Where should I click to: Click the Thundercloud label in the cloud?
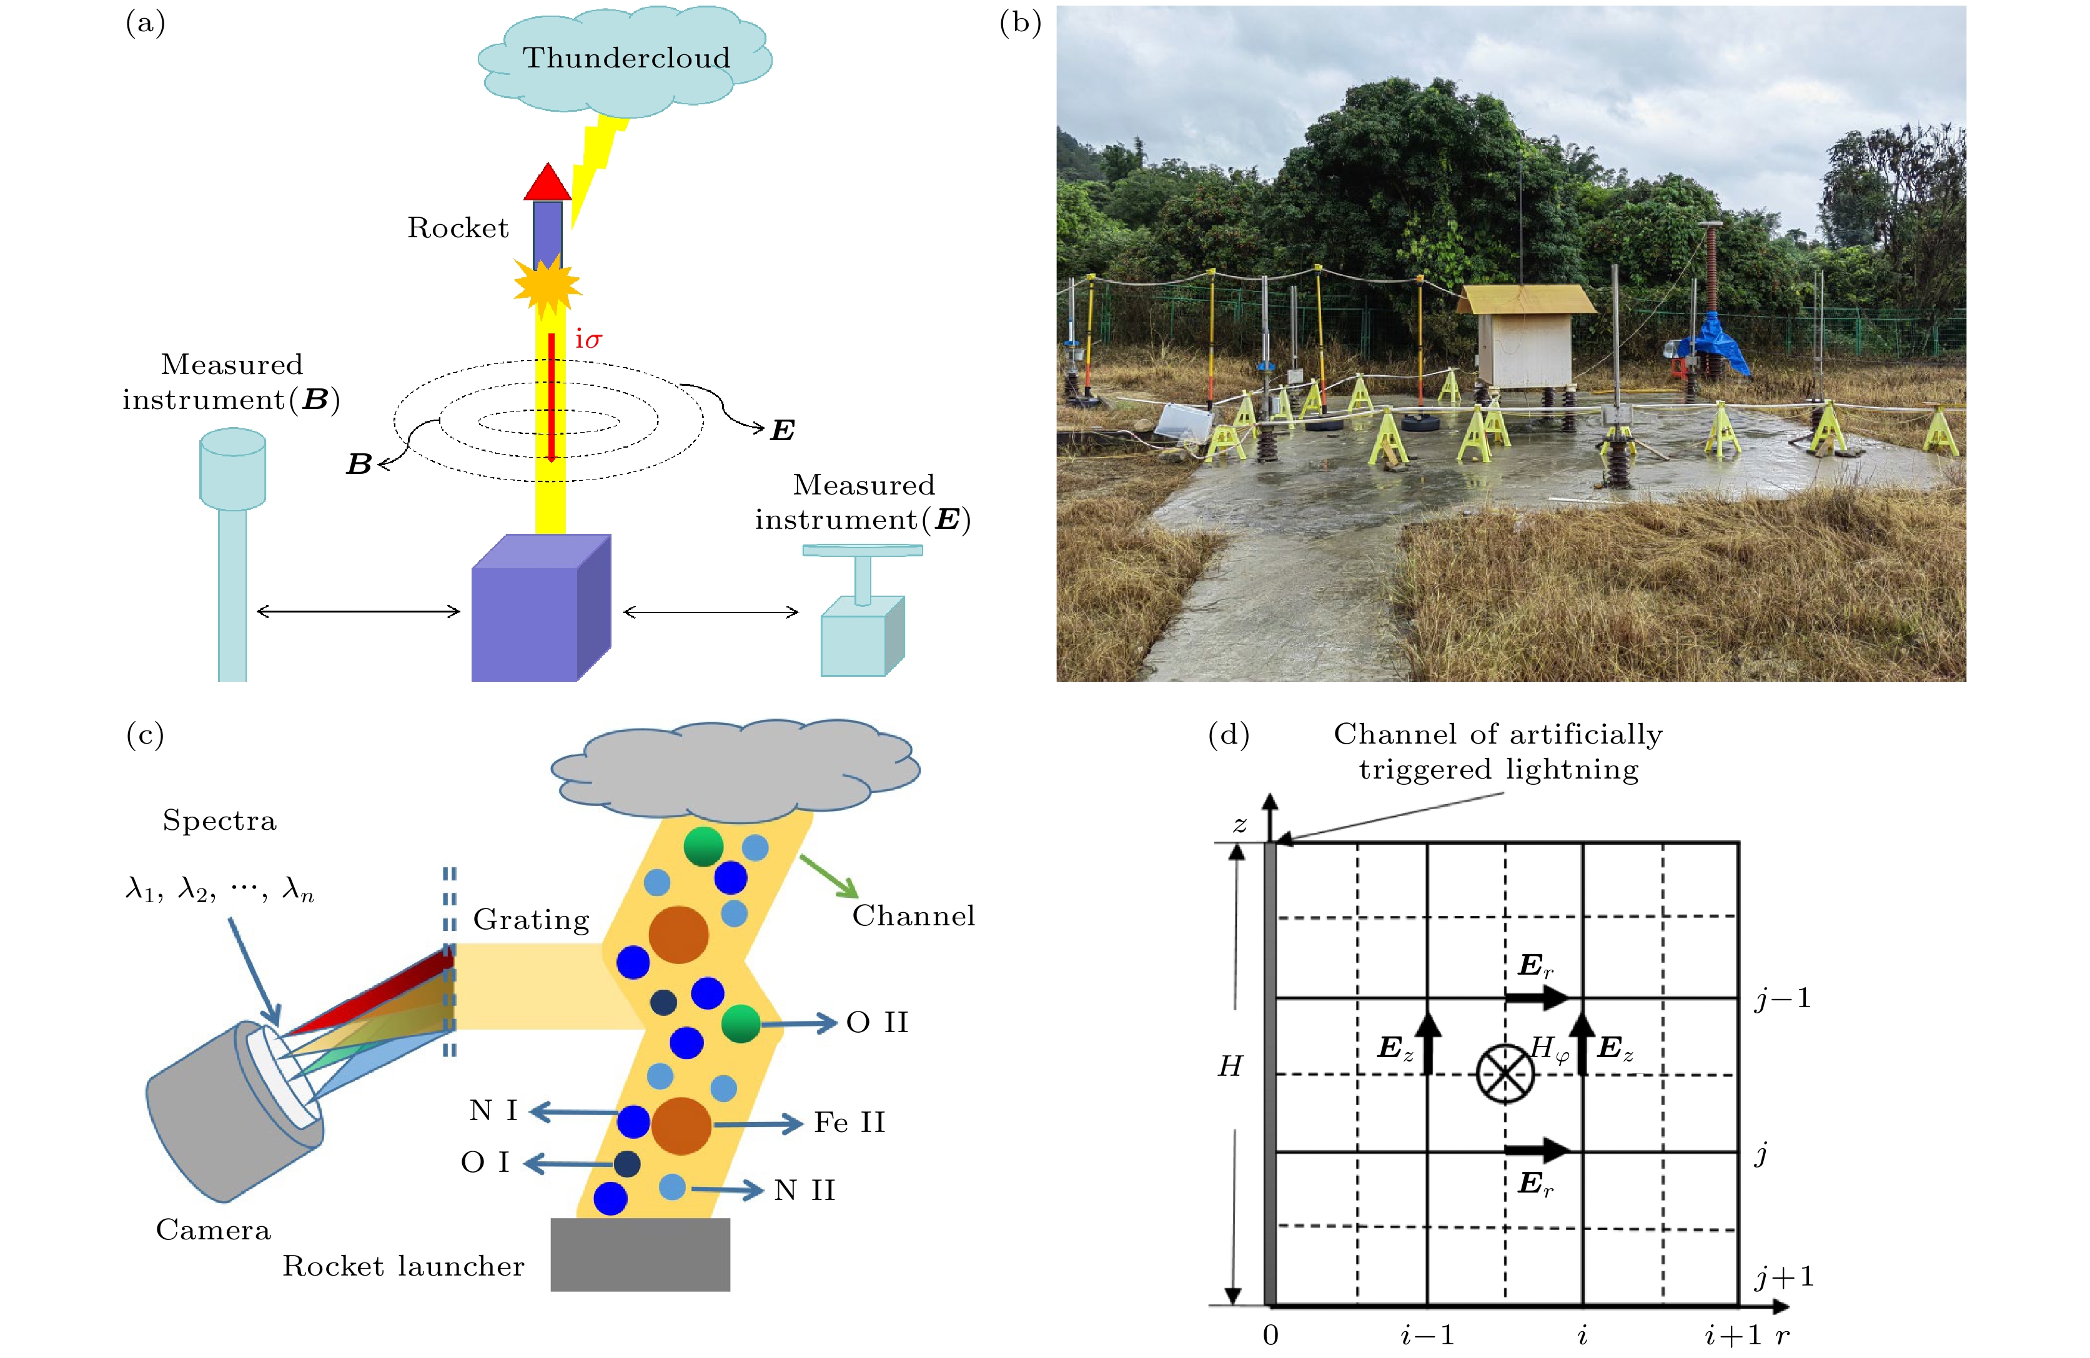coord(626,58)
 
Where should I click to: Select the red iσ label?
coord(588,339)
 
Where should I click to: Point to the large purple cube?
coord(541,608)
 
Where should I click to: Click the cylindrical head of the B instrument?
coord(233,468)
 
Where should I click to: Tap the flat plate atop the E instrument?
coord(863,551)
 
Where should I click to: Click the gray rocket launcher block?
coord(640,1254)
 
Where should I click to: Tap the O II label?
coord(877,1023)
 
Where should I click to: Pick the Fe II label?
coord(849,1123)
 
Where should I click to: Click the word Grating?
coord(532,920)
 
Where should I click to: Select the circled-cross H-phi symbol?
coord(1505,1073)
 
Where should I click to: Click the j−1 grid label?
coord(1783,999)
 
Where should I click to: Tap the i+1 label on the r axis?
coord(1733,1335)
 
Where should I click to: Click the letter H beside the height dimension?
coord(1231,1066)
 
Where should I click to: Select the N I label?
coord(493,1111)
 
